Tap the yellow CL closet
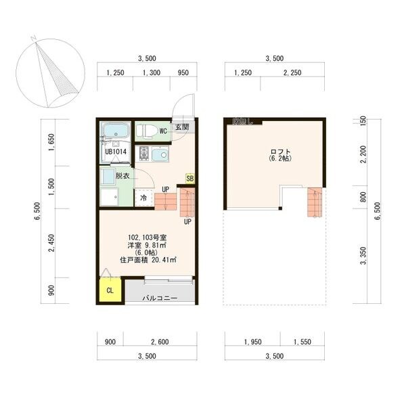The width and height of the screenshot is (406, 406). [x=110, y=292]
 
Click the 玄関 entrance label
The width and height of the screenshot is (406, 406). [x=182, y=127]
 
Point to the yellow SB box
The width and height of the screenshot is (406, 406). [x=190, y=179]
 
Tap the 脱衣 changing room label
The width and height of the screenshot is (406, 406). [x=123, y=176]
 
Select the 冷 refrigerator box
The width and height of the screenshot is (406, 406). [x=143, y=198]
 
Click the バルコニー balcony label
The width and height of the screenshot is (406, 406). [x=160, y=298]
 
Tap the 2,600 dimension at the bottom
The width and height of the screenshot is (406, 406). [x=160, y=342]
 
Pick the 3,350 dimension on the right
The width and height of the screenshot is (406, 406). [x=363, y=258]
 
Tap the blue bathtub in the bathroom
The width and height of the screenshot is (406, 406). [x=116, y=130]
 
